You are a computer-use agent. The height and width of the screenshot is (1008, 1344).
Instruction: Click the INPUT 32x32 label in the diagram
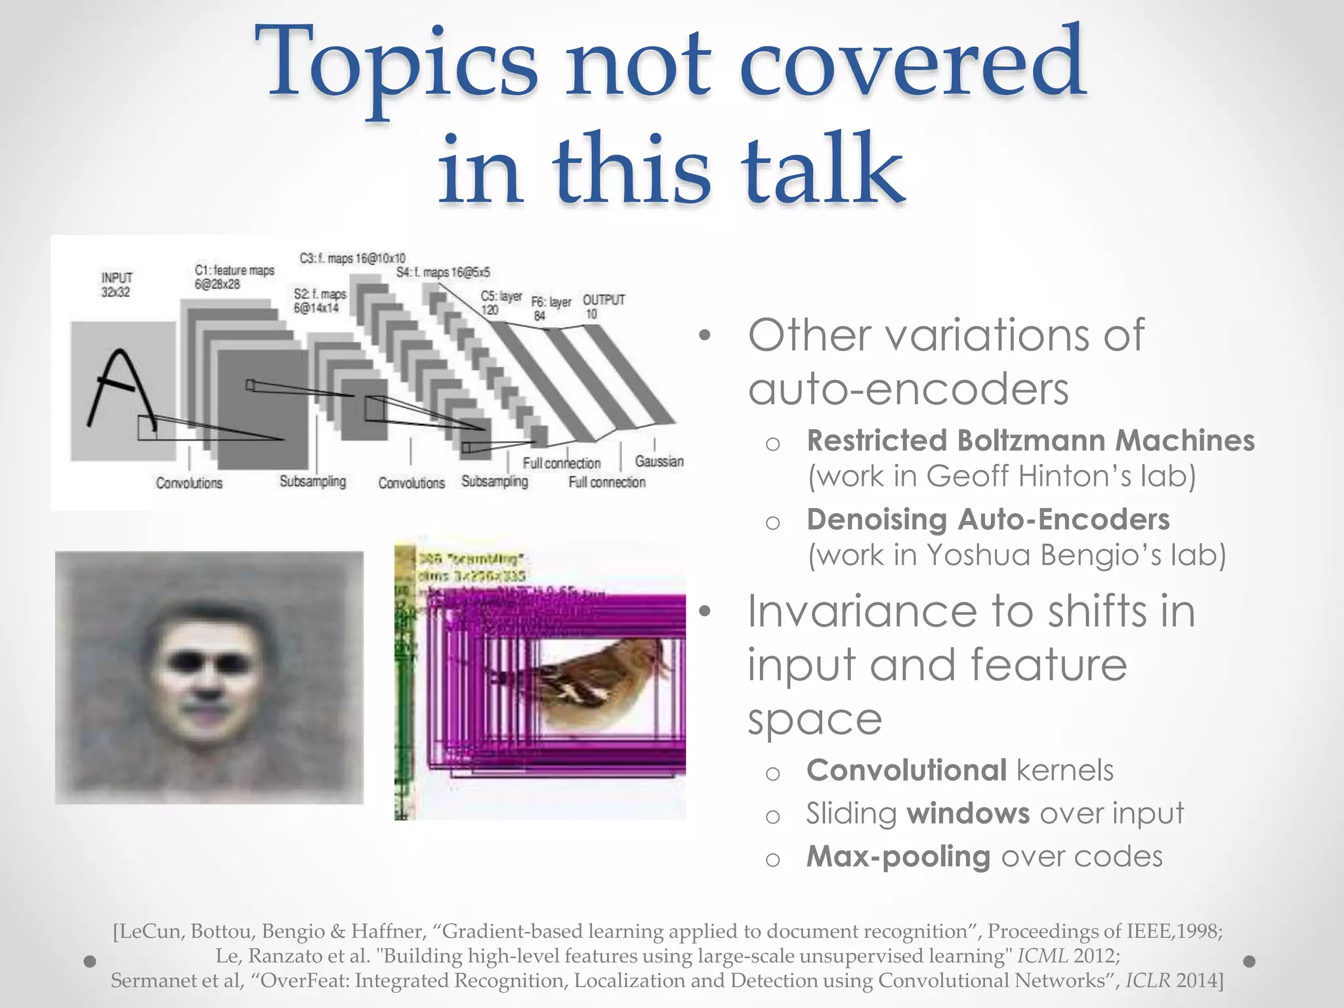116,285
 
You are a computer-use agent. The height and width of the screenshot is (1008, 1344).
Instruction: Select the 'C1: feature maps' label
234,270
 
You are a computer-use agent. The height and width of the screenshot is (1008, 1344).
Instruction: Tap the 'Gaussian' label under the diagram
659,461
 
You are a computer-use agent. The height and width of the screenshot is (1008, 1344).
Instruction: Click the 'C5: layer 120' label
500,303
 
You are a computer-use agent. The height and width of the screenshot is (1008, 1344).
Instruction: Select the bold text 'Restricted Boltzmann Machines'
1030,440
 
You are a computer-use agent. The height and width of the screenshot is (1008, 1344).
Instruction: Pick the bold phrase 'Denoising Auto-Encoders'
988,519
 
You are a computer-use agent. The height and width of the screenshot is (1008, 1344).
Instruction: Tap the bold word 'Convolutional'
906,770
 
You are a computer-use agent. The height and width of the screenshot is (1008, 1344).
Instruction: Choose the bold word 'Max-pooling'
898,856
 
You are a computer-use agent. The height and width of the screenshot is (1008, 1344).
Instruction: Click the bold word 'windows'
968,814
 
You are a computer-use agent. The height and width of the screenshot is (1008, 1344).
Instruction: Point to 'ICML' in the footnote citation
1042,955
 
